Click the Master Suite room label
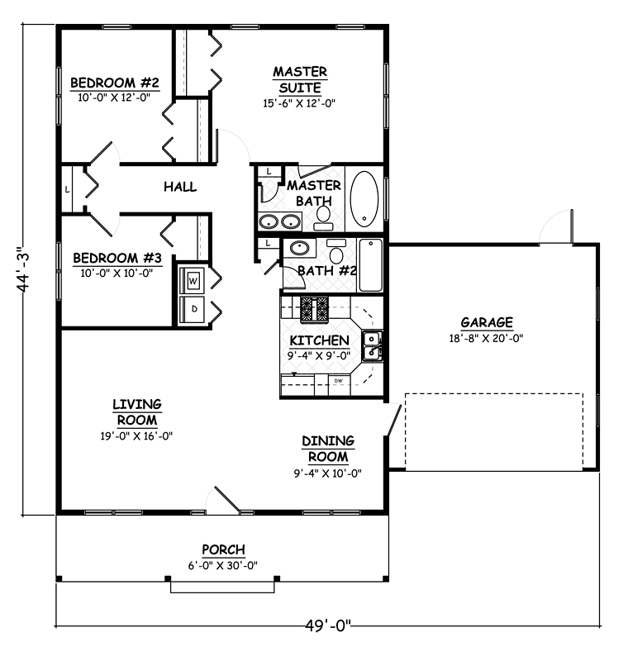point(300,79)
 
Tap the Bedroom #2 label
point(115,82)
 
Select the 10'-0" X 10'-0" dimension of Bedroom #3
point(117,273)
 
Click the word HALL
point(180,187)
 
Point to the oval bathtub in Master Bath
point(364,198)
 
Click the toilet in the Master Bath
point(323,218)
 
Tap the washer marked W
point(193,280)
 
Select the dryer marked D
point(193,309)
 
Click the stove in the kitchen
point(314,309)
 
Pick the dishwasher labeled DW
point(339,384)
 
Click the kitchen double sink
point(373,345)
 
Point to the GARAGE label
point(487,322)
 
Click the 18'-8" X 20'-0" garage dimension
point(486,338)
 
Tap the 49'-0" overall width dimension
point(327,625)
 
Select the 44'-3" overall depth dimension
point(24,269)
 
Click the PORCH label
point(223,549)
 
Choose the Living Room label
point(137,412)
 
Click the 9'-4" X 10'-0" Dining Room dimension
point(327,473)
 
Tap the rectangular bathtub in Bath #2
point(370,265)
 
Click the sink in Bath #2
point(299,248)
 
